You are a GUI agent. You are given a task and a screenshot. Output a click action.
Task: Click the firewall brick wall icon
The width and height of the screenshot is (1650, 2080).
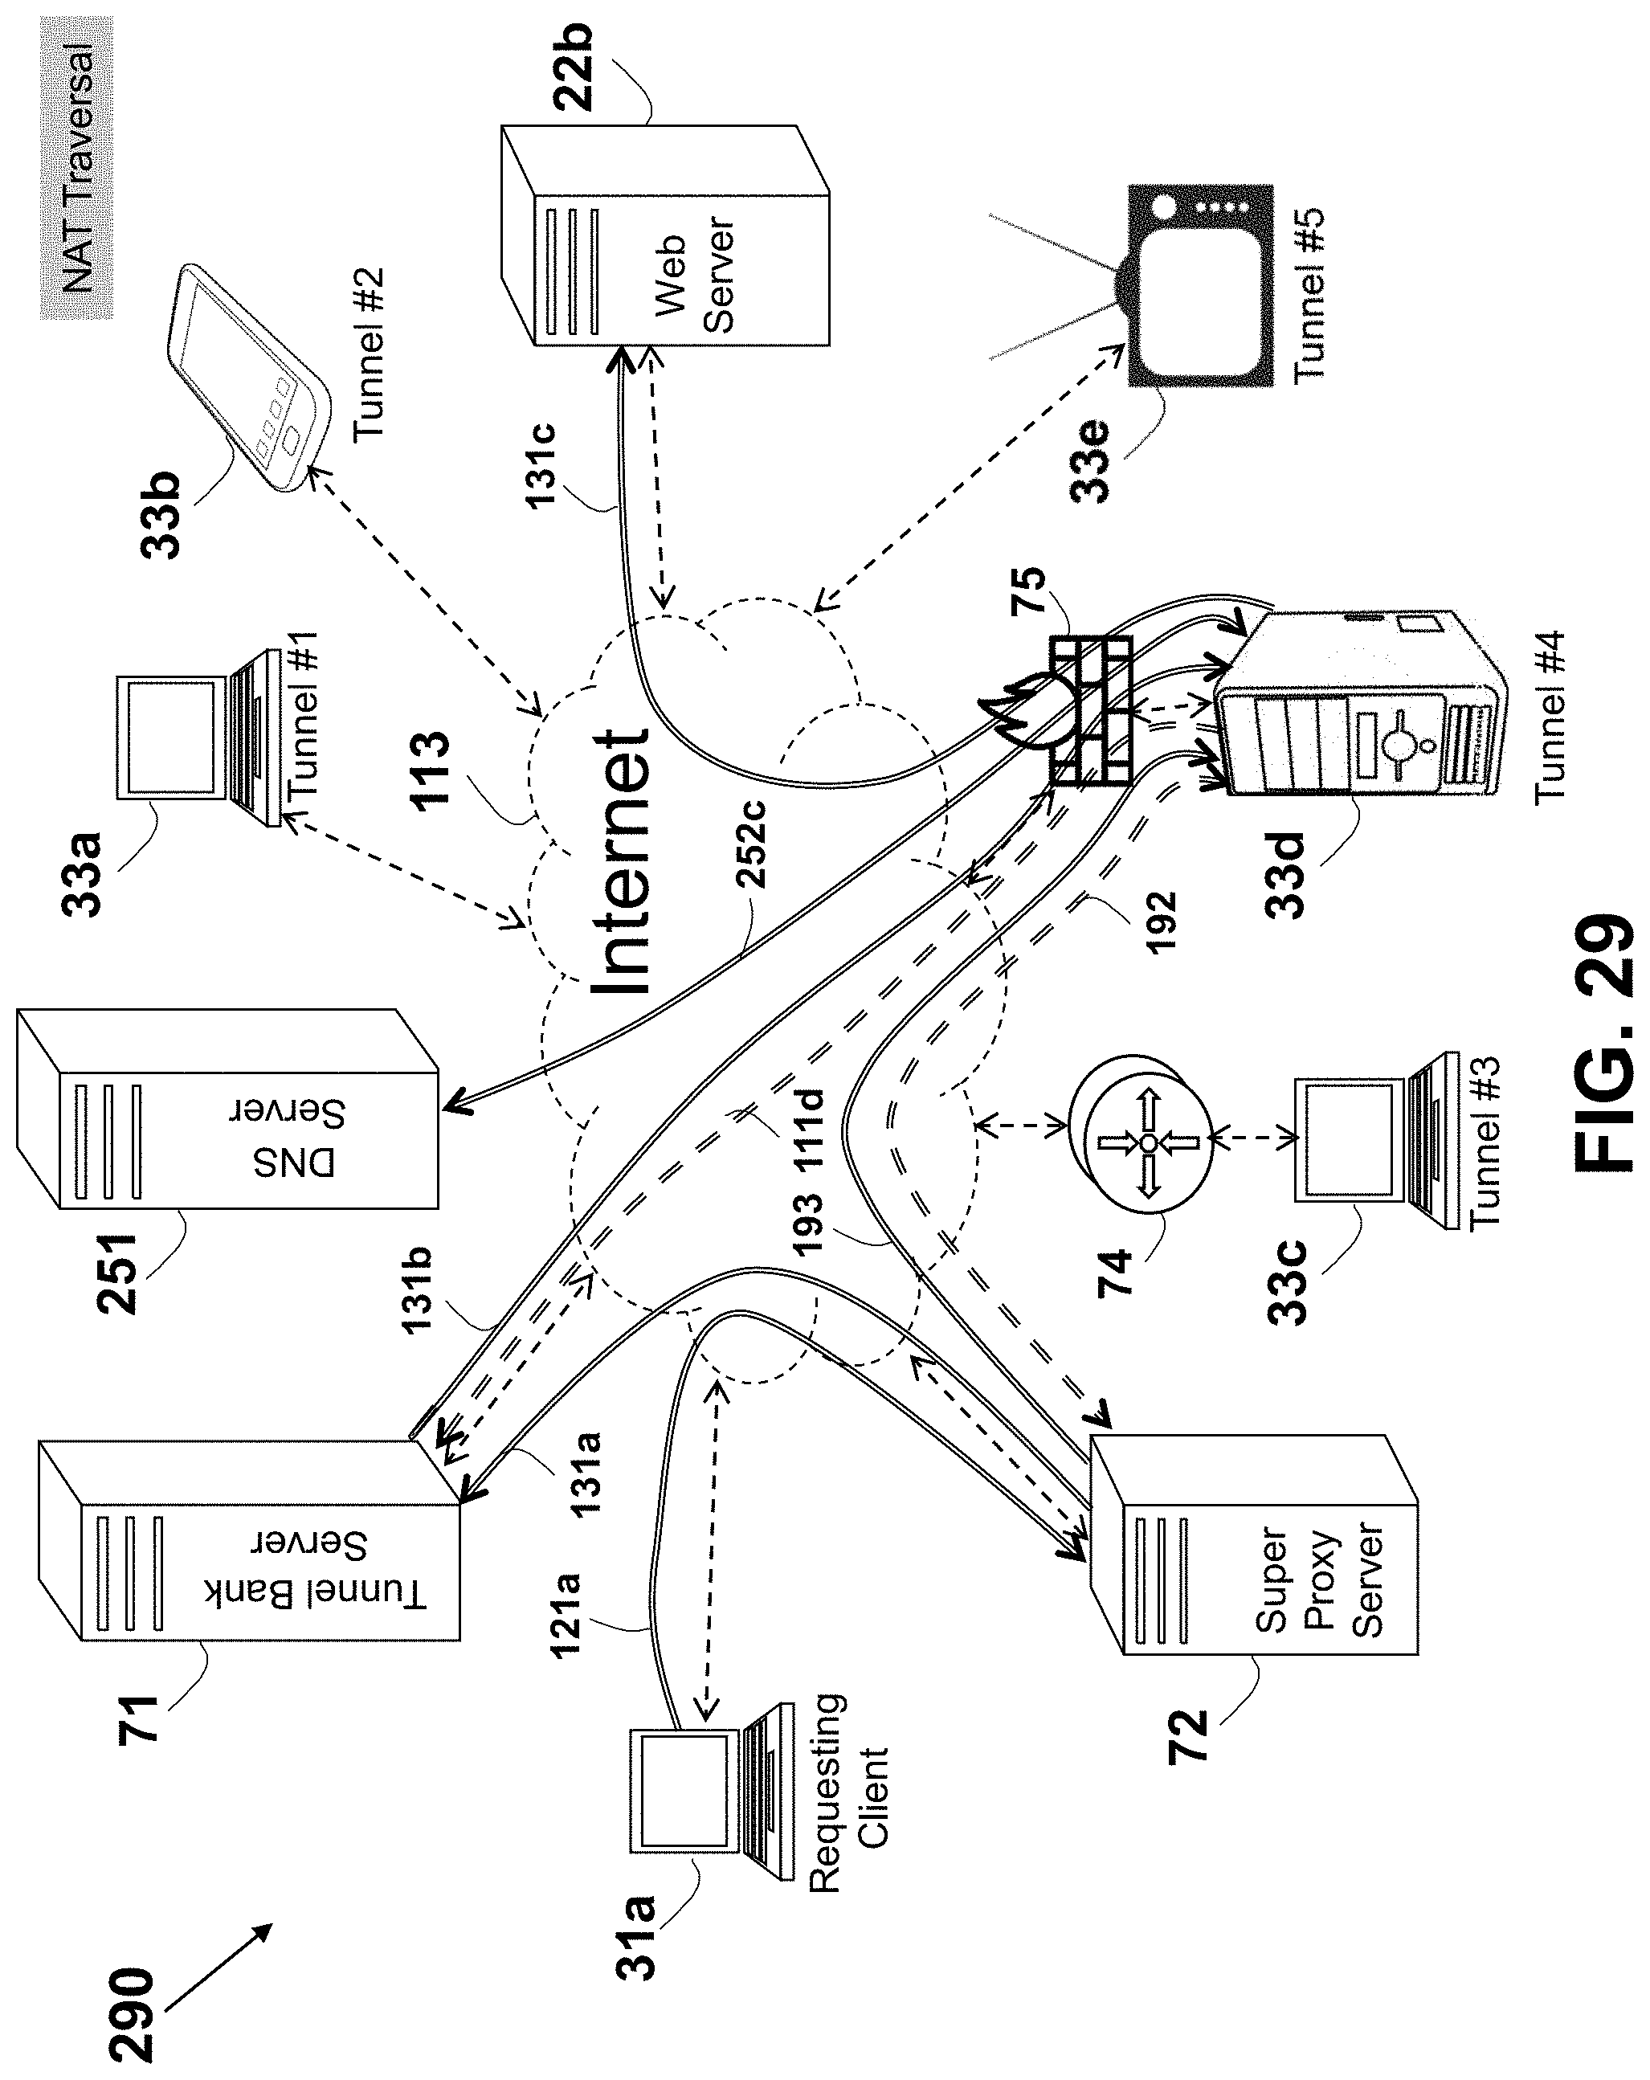(x=1090, y=711)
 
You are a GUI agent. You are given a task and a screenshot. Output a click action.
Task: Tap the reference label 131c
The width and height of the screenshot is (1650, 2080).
(x=542, y=463)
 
